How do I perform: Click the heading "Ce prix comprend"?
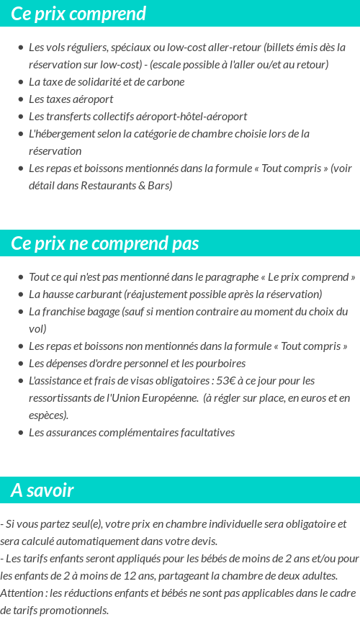point(78,14)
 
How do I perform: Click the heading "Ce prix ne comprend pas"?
point(104,243)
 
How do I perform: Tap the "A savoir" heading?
point(42,490)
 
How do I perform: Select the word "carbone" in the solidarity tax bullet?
point(166,81)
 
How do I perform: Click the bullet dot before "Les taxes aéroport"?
point(21,99)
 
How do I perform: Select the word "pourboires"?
point(220,363)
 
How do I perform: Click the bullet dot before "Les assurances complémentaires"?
point(21,432)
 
